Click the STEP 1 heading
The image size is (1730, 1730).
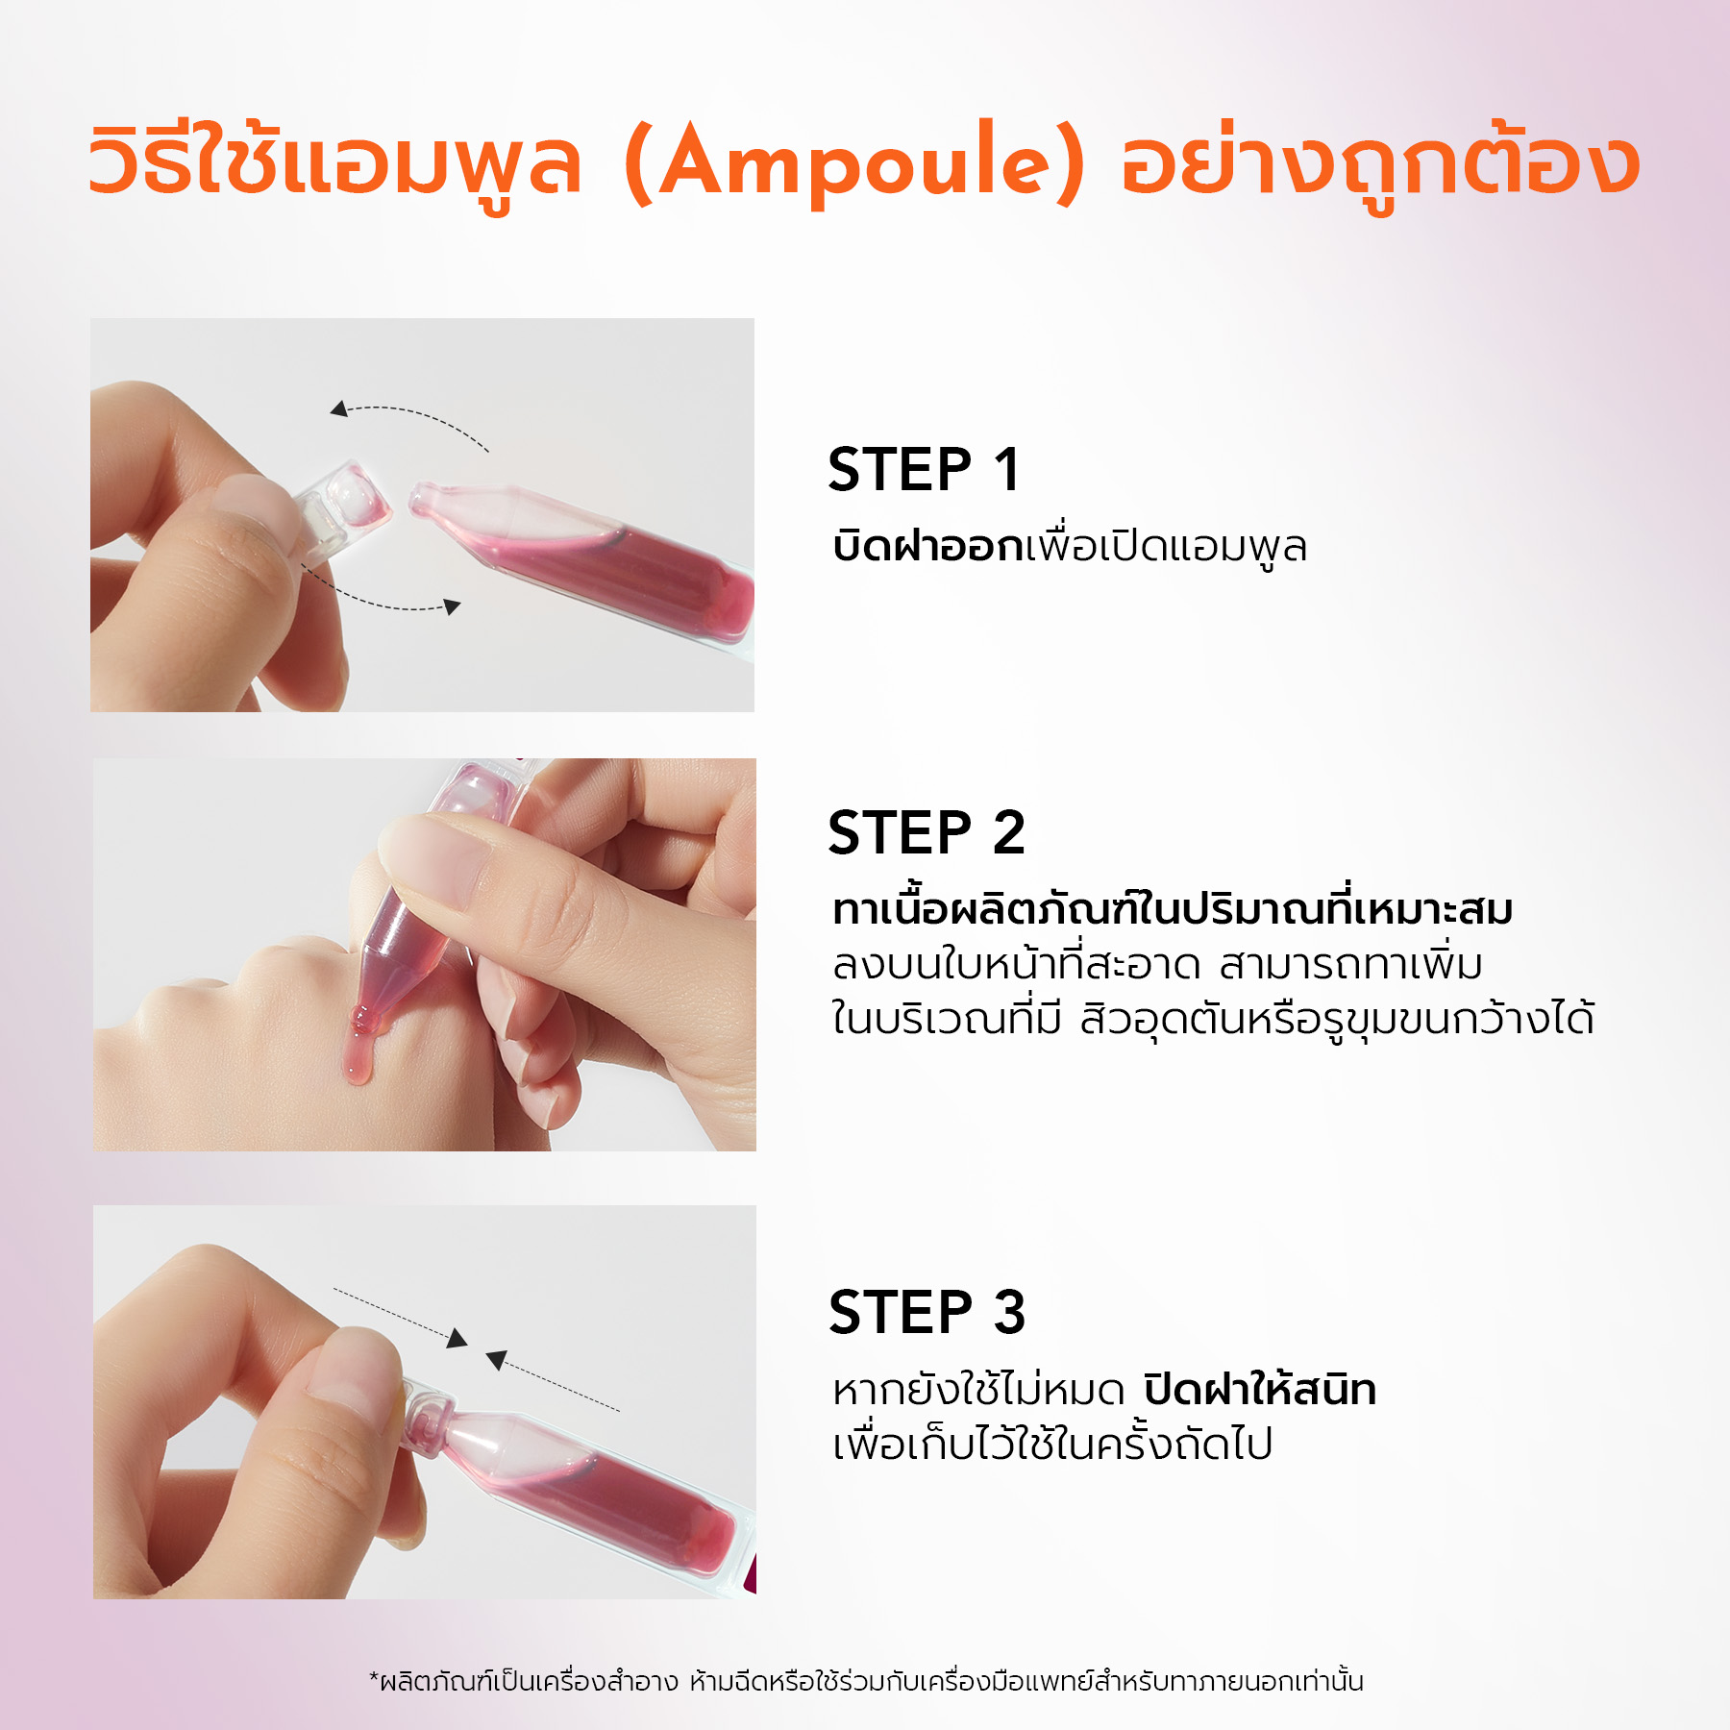click(924, 470)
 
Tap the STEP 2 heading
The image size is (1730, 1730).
click(927, 832)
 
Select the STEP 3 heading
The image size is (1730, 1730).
click(927, 1312)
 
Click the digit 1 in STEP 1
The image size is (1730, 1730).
click(1006, 470)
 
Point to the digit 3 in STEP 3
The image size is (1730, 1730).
click(1009, 1312)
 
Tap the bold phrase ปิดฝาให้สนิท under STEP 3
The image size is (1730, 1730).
click(1260, 1389)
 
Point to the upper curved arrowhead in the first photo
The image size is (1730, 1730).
click(338, 409)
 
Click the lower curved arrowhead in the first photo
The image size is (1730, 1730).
click(452, 606)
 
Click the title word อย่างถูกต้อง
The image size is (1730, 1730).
click(1380, 163)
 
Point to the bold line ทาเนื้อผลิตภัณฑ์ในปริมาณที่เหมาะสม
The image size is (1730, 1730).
click(1173, 908)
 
